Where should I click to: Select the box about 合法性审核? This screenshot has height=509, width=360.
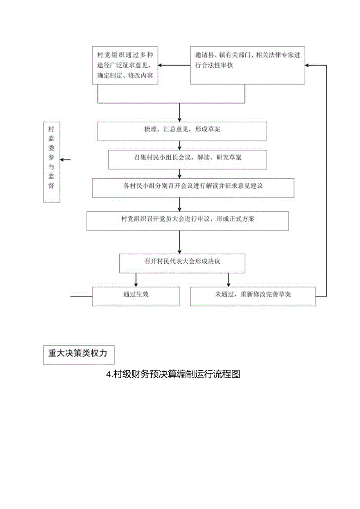pyautogui.click(x=247, y=65)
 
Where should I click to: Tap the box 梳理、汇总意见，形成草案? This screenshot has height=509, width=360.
pyautogui.click(x=182, y=131)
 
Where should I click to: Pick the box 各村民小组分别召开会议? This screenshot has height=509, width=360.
pyautogui.click(x=193, y=188)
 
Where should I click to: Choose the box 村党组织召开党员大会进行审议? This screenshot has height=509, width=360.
pyautogui.click(x=187, y=221)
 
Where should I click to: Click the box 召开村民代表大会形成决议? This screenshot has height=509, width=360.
pyautogui.click(x=182, y=263)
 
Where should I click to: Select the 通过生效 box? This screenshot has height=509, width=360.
pyautogui.click(x=136, y=296)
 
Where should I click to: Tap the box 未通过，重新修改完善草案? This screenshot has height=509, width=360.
pyautogui.click(x=253, y=296)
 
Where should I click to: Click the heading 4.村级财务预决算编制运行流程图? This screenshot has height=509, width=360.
pyautogui.click(x=173, y=374)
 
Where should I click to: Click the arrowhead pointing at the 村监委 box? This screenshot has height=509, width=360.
pyautogui.click(x=63, y=160)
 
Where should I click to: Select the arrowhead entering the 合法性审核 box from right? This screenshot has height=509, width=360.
pyautogui.click(x=308, y=65)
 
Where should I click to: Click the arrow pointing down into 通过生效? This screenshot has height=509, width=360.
pyautogui.click(x=136, y=284)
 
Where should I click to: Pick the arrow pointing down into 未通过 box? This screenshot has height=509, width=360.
pyautogui.click(x=229, y=284)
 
